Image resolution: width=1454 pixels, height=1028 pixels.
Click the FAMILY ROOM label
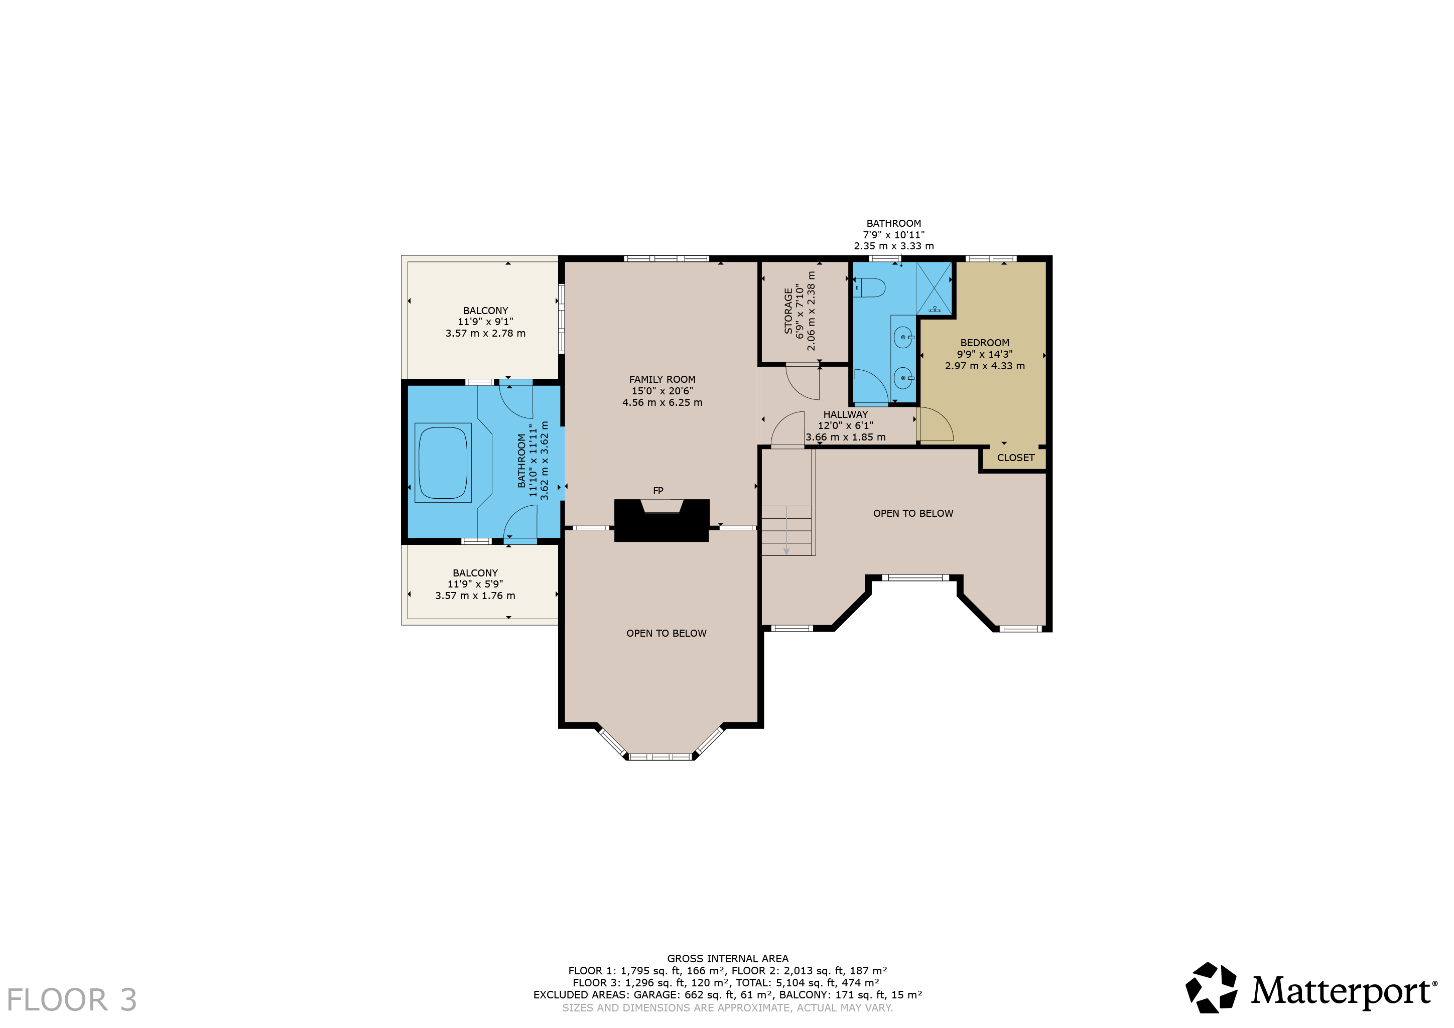[662, 379]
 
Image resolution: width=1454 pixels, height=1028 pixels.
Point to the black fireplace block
[662, 520]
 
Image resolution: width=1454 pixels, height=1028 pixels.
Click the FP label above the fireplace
[658, 491]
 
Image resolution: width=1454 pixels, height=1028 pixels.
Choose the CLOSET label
[1016, 458]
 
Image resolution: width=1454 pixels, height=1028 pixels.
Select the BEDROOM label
[985, 343]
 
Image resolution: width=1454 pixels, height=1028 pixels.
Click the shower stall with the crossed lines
[934, 288]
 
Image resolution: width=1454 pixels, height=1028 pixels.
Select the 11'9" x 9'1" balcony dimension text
[485, 322]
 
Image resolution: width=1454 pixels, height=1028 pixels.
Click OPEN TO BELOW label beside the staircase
[913, 513]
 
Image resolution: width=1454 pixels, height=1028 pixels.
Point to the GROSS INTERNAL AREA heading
[728, 958]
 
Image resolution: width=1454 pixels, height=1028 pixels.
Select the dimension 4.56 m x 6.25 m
[662, 402]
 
